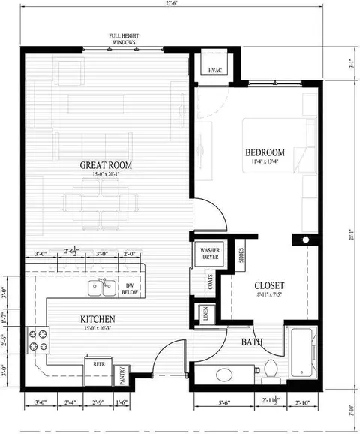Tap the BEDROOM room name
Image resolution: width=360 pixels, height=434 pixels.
265,152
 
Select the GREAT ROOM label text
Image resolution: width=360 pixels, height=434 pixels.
103,165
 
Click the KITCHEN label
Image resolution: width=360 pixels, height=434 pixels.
97,320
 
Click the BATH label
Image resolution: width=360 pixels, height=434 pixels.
251,342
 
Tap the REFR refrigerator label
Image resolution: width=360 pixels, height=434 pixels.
99,363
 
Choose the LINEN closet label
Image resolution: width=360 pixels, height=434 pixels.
202,312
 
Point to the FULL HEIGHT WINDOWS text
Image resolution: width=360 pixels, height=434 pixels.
124,38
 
